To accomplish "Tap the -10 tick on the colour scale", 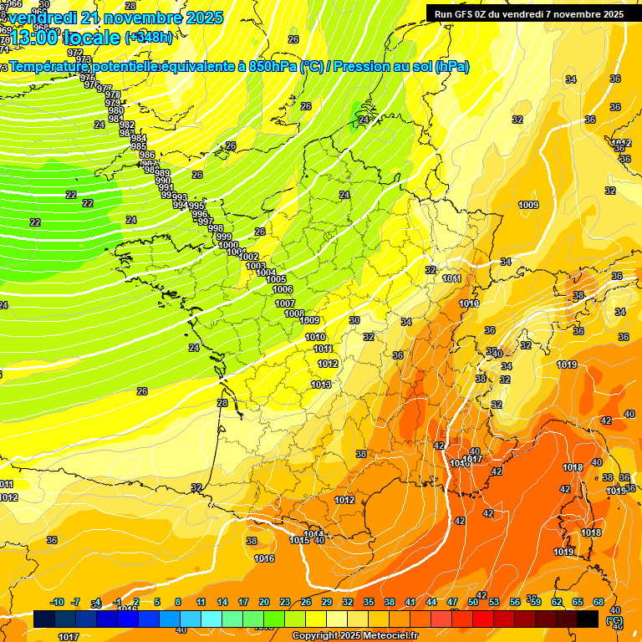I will (x=57, y=602).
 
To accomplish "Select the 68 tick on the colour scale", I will (x=599, y=602).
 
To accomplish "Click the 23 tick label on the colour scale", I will (x=285, y=602).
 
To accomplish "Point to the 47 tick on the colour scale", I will (x=452, y=602).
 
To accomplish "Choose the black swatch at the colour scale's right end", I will (x=588, y=619).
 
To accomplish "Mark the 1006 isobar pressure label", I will (x=283, y=289).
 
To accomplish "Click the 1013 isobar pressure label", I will (x=321, y=385).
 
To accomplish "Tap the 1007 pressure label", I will (x=285, y=303).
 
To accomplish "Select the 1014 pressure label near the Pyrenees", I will (x=313, y=534).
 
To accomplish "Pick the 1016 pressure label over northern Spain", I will (x=264, y=558).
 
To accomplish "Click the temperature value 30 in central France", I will (x=354, y=320).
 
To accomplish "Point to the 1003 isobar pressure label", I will (x=256, y=266).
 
